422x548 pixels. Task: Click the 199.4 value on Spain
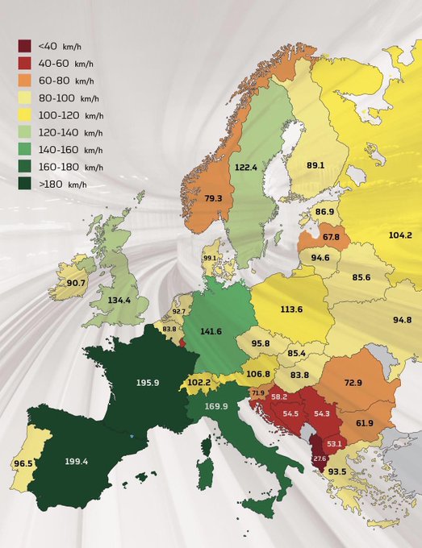pos(81,462)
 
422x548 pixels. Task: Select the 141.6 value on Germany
pos(211,330)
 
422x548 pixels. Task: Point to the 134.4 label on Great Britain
pos(119,301)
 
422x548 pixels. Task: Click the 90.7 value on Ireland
pos(77,283)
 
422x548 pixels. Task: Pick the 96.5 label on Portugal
pos(23,463)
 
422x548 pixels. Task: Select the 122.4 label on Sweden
pos(245,167)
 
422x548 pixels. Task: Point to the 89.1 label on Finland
pos(315,165)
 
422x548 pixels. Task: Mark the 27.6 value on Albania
pos(320,458)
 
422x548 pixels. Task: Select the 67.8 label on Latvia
pos(331,237)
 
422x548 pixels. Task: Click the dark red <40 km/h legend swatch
pos(26,45)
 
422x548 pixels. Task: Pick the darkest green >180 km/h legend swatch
pos(26,185)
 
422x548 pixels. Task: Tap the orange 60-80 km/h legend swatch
pos(26,80)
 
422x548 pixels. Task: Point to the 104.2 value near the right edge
pos(400,235)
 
